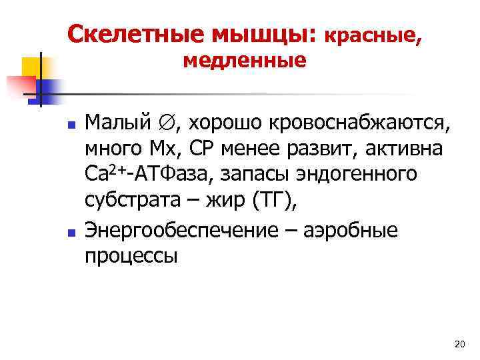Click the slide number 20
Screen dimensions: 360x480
pos(458,344)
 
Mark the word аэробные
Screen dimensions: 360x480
pos(351,232)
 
